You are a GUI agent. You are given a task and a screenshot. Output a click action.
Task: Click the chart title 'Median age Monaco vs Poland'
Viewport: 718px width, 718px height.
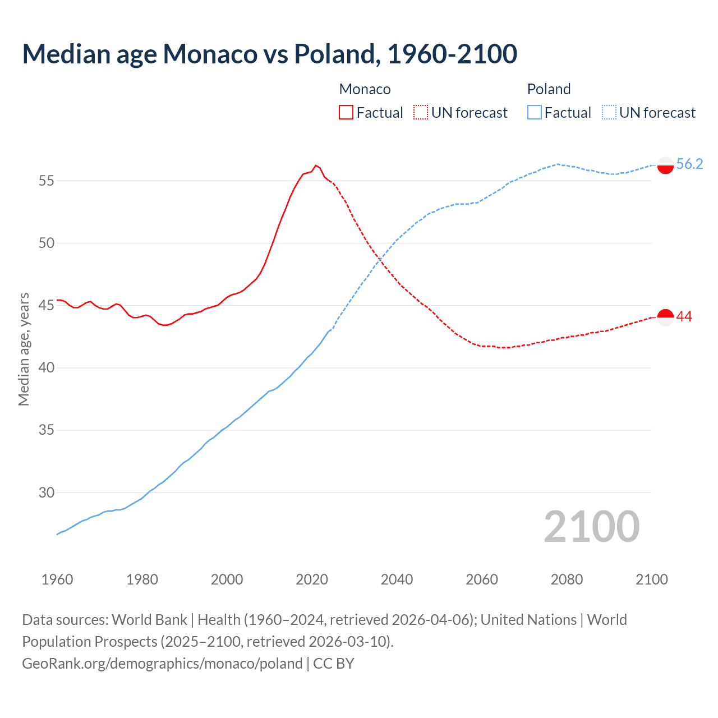point(269,54)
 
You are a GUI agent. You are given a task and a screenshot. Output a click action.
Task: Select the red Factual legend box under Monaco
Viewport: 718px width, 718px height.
point(346,112)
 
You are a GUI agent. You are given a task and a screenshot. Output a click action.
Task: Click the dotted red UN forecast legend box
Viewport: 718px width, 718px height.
point(421,112)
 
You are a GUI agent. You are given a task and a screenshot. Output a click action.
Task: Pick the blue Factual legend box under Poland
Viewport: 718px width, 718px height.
point(535,112)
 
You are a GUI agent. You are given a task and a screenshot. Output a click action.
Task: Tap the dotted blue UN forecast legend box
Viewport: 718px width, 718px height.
point(609,112)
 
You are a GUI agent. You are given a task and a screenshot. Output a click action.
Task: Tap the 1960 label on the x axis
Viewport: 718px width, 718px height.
point(57,579)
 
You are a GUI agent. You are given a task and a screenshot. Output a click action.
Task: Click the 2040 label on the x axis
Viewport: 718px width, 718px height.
point(397,579)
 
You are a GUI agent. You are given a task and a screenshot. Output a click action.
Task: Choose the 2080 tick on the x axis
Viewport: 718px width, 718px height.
point(567,579)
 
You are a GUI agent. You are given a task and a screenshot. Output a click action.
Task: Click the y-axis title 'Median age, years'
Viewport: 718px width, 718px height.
point(24,349)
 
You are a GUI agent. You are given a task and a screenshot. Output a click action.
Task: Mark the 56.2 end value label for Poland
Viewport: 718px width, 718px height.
point(689,164)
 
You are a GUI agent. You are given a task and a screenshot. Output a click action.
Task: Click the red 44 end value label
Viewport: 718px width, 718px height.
point(684,317)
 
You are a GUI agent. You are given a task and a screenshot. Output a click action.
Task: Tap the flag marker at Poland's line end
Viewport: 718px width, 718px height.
point(665,165)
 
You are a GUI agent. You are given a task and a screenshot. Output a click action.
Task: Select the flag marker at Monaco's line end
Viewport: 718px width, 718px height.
point(665,317)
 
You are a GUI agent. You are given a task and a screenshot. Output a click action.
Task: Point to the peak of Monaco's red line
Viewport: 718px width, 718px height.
point(316,165)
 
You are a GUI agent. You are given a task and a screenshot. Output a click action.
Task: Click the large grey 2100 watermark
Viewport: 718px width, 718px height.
point(592,526)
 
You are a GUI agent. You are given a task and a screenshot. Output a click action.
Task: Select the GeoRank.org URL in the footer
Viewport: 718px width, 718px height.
point(162,664)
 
